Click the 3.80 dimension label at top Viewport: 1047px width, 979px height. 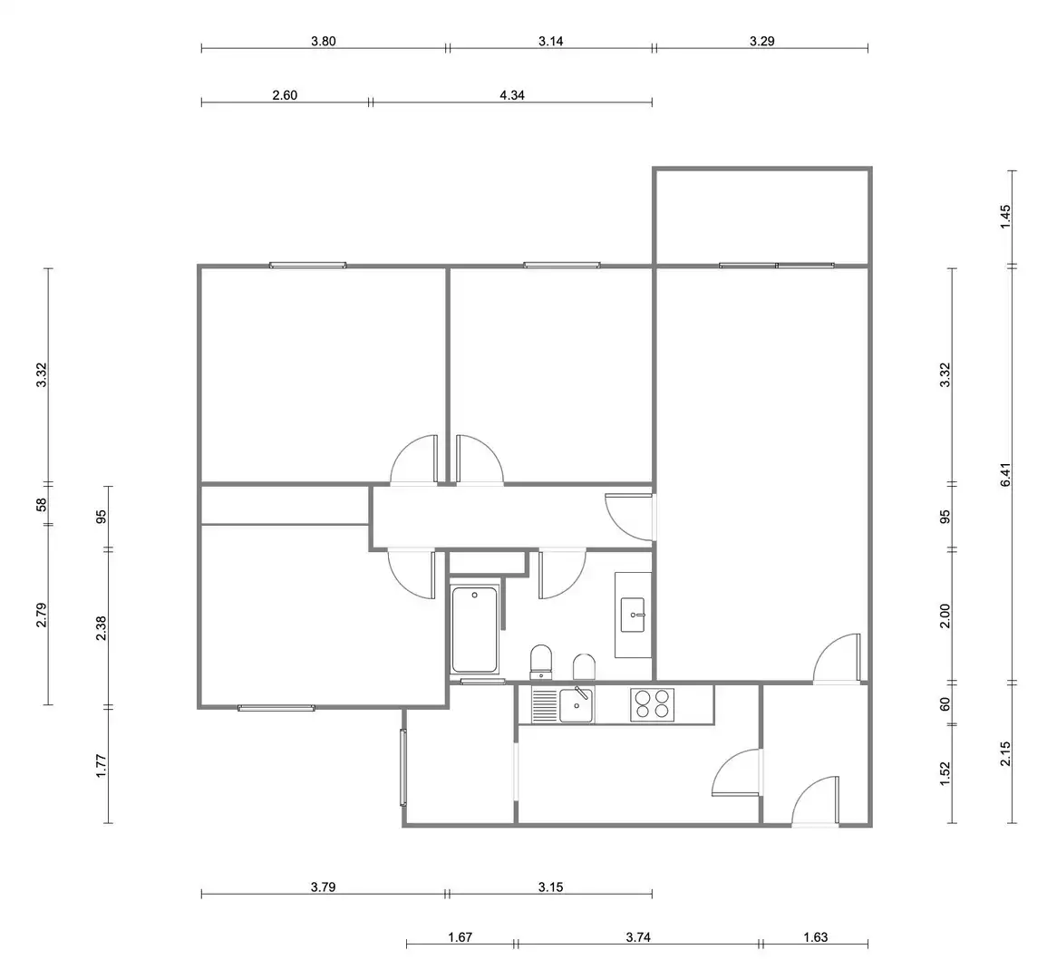[324, 42]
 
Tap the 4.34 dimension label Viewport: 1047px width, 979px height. [512, 95]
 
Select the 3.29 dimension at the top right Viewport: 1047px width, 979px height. [761, 42]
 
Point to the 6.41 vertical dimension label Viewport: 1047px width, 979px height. [1006, 475]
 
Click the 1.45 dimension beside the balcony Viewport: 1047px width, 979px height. [1006, 217]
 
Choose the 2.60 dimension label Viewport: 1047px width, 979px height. [285, 95]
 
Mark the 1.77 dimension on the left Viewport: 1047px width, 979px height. [101, 766]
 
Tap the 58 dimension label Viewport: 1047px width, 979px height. [42, 504]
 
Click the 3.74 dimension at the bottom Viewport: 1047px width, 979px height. [638, 937]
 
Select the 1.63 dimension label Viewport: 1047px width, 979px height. [815, 937]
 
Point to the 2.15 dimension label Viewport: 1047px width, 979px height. [1006, 754]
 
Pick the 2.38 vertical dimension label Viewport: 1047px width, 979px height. [101, 628]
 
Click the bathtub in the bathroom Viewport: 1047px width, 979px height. [475, 629]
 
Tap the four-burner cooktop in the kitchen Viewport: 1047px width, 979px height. [653, 704]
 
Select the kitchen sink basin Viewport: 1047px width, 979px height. [576, 705]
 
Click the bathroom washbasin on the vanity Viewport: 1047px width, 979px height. [633, 615]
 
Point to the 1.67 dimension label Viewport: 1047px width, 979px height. [460, 937]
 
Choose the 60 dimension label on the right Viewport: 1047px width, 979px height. [945, 703]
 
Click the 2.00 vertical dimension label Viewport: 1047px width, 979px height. [945, 616]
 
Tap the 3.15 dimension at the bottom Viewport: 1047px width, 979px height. [551, 887]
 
